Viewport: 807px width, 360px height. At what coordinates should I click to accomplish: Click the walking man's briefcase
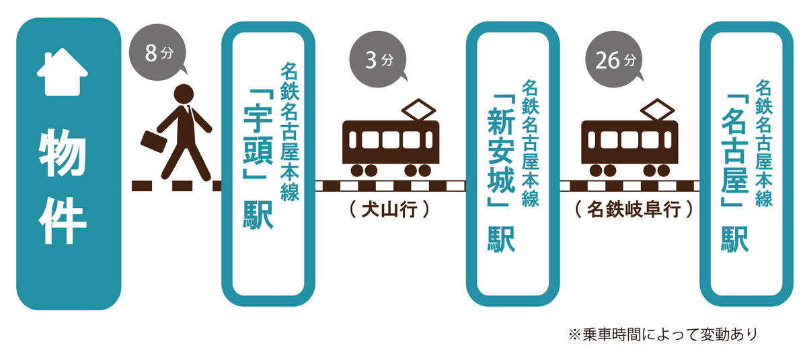tap(152, 142)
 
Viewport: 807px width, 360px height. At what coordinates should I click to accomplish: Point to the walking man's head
tap(184, 95)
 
